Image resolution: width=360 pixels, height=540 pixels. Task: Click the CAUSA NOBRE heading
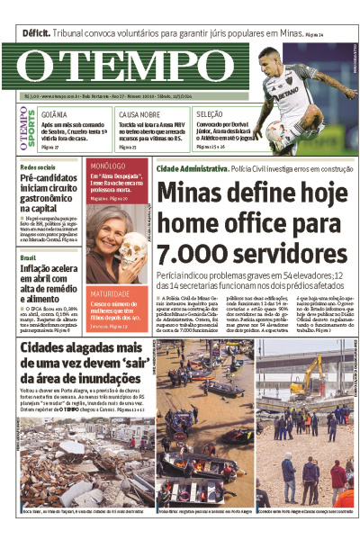(139, 115)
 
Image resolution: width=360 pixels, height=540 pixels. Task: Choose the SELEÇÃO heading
(210, 115)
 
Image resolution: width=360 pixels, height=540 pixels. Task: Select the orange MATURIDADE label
(110, 293)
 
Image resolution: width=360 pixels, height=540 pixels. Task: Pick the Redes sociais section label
(38, 167)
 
